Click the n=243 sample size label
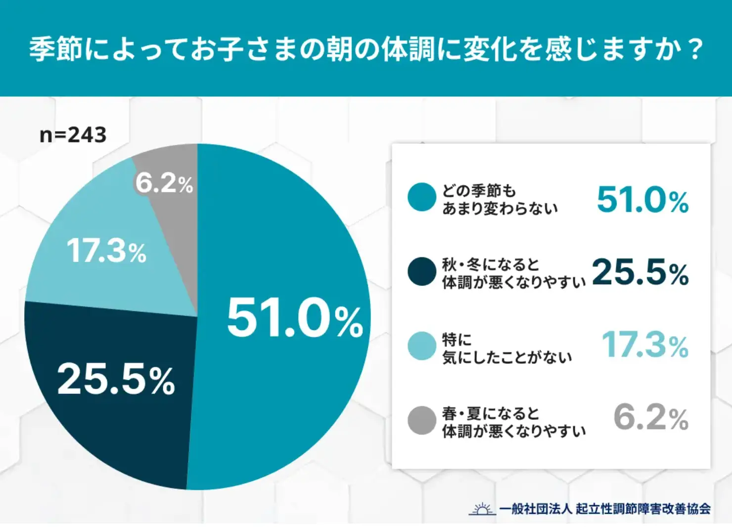[73, 135]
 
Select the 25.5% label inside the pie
[116, 379]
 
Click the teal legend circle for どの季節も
[422, 197]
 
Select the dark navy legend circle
[422, 271]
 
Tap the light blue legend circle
[422, 346]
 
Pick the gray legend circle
[422, 420]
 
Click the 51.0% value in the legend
[642, 200]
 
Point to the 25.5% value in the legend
[640, 272]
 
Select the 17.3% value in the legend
[645, 345]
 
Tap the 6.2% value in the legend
[651, 418]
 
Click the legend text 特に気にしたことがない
[506, 349]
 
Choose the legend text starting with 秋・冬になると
[513, 273]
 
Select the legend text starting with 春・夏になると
[513, 422]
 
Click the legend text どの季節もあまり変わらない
[500, 199]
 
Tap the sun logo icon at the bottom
[482, 508]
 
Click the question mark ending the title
[695, 49]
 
